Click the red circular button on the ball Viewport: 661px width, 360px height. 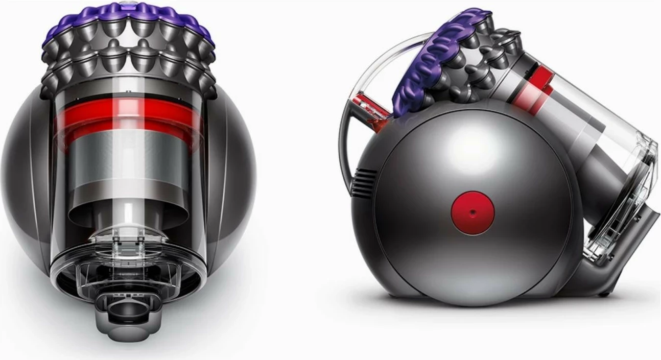click(x=473, y=213)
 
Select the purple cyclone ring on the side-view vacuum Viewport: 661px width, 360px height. click(x=429, y=61)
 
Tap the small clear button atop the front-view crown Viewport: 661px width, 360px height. click(x=126, y=4)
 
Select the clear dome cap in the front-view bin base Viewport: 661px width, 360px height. click(x=128, y=243)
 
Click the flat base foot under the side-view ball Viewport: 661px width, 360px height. click(x=460, y=299)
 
